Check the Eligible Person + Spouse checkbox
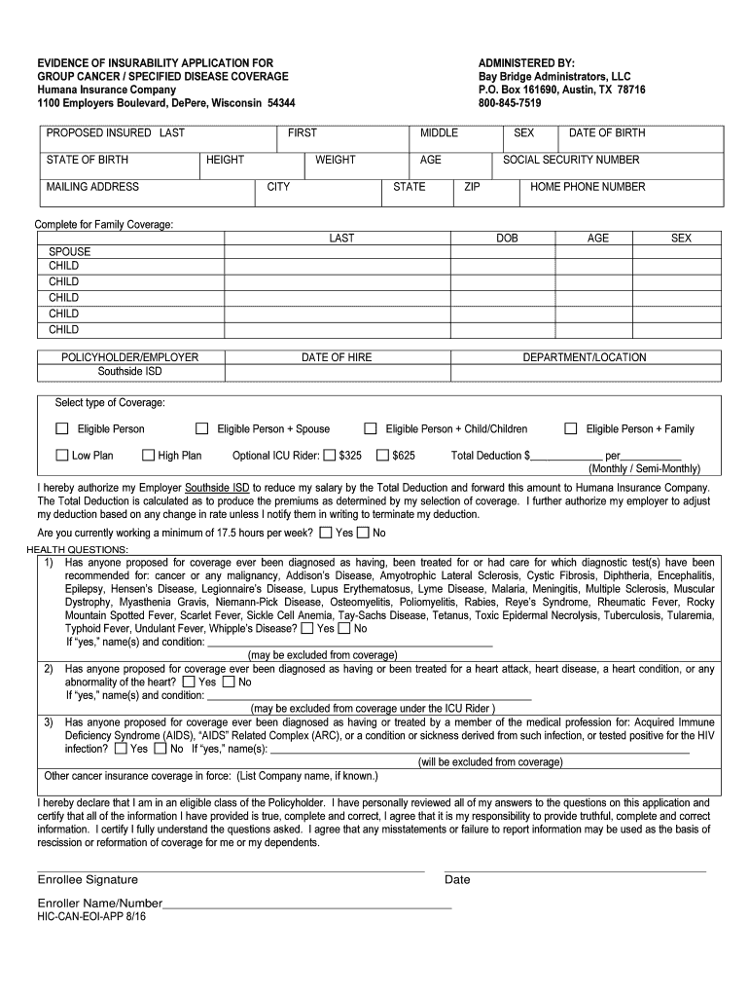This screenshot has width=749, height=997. (202, 428)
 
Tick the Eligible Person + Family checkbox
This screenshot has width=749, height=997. (571, 428)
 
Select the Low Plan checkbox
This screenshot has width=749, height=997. (62, 455)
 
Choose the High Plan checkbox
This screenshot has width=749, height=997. (149, 455)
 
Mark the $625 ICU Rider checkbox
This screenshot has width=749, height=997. (383, 455)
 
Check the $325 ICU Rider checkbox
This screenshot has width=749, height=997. (330, 455)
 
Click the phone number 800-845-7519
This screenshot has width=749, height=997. (510, 103)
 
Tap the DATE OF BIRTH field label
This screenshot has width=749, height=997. (606, 133)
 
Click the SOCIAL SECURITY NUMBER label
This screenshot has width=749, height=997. (571, 160)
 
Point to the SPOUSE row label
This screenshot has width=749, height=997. (70, 251)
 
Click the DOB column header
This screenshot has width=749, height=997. (507, 238)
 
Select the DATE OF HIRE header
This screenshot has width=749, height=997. (337, 357)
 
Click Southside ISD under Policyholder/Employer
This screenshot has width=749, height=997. (129, 371)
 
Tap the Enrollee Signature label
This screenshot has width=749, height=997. (88, 879)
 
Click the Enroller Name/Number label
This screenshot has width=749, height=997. (100, 903)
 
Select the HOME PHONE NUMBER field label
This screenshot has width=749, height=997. (587, 187)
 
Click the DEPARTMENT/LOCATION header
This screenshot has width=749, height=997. (584, 357)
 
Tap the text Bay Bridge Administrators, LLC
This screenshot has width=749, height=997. (553, 76)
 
